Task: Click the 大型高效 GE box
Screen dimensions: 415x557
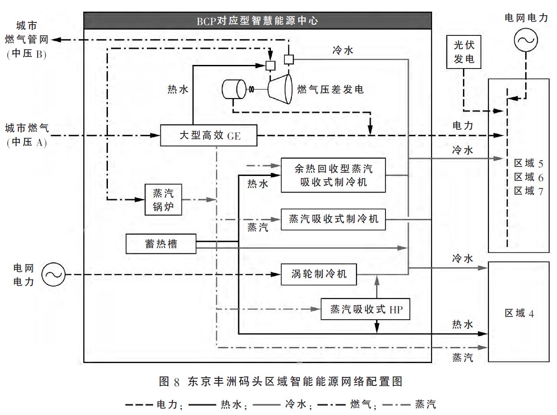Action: (209, 135)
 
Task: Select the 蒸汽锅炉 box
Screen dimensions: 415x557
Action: (163, 200)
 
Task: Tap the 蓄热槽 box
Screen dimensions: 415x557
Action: (161, 244)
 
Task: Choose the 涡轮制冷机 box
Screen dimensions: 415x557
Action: (318, 274)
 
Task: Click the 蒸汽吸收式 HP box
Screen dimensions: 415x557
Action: (365, 309)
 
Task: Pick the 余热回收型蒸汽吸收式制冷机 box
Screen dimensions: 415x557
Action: (333, 175)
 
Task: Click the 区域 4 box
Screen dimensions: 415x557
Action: (518, 312)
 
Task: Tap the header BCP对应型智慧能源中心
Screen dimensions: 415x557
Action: (257, 21)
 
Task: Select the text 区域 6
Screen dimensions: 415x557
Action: (528, 176)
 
